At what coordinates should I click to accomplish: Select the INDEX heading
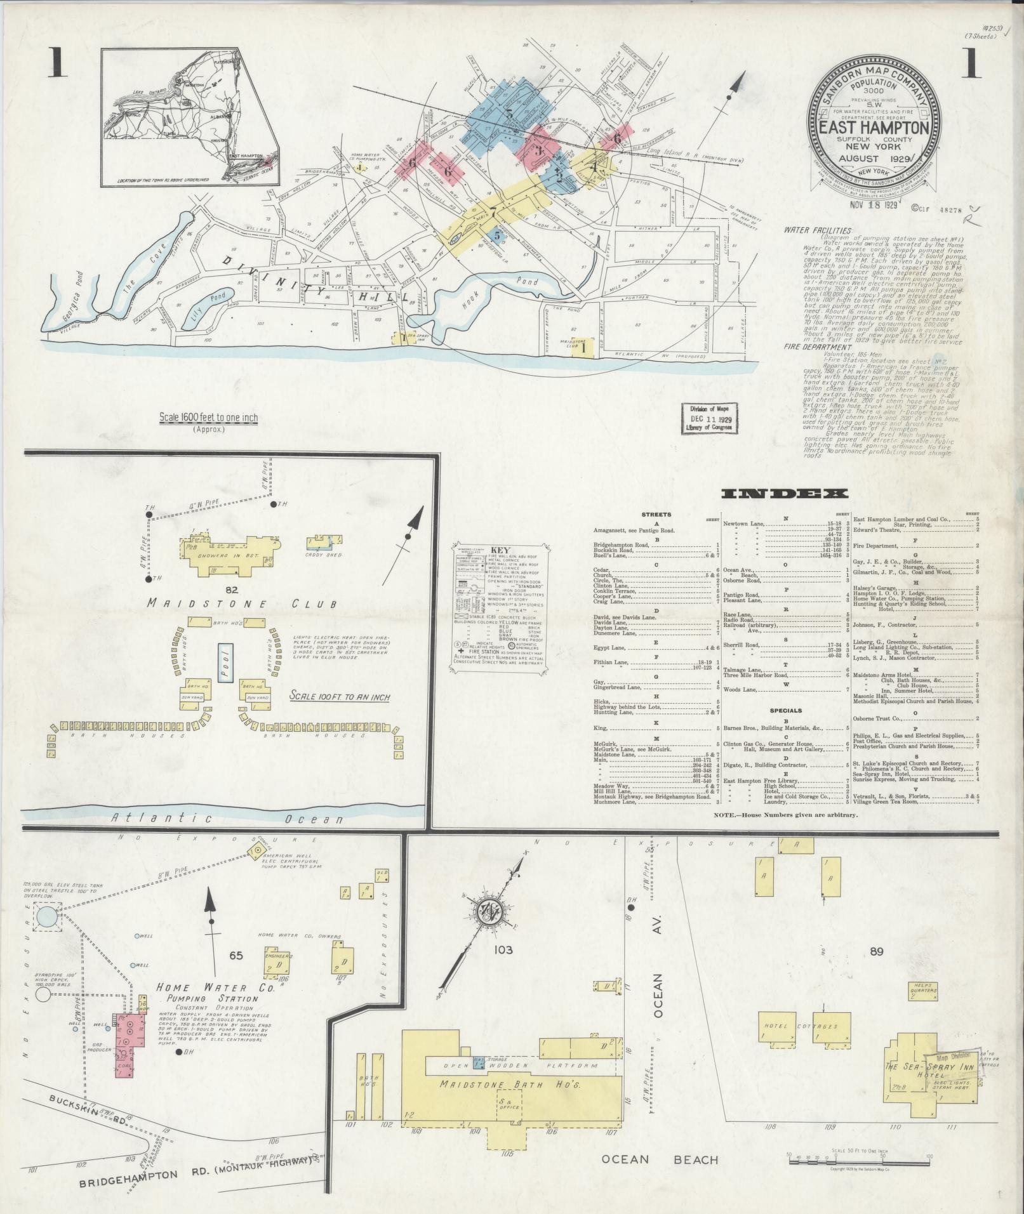pyautogui.click(x=785, y=494)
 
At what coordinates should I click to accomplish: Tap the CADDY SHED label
pyautogui.click(x=324, y=555)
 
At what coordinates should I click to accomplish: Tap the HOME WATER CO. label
pyautogui.click(x=216, y=1006)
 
